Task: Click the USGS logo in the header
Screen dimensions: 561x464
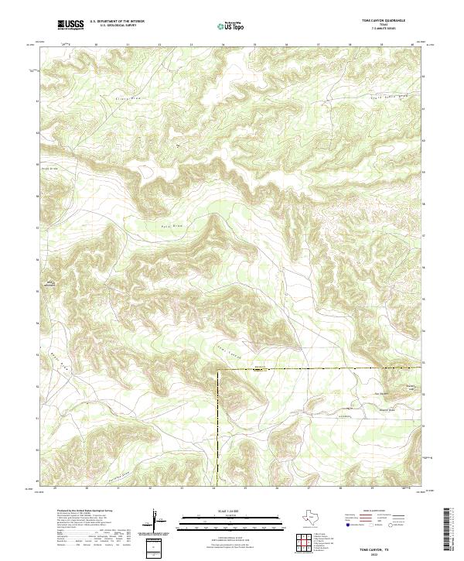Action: pos(70,25)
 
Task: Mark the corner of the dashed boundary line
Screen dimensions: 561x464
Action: pos(218,371)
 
